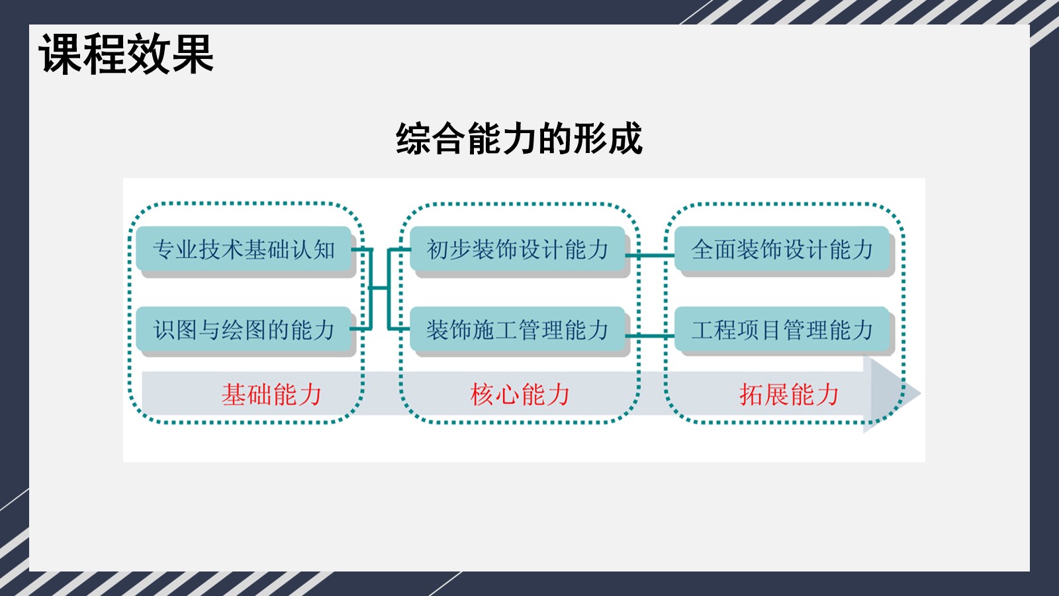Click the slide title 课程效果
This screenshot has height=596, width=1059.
pos(126,54)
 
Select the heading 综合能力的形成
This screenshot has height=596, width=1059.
pos(519,138)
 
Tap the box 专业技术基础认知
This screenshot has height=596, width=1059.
pos(244,249)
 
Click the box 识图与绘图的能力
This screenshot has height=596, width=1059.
pos(244,329)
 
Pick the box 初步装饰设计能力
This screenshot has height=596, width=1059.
pos(518,249)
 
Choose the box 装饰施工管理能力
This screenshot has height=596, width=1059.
pos(518,329)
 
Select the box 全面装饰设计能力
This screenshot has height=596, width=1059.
pos(782,249)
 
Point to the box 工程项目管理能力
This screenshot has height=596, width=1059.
pos(782,329)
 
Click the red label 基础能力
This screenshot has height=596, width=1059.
pos(271,395)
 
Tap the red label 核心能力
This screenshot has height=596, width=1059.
pos(520,395)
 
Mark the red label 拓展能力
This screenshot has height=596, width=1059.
pos(789,395)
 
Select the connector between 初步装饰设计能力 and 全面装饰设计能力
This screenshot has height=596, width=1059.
pos(650,256)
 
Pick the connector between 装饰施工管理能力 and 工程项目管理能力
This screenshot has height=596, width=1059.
pos(650,336)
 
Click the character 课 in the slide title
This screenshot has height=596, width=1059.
pos(60,54)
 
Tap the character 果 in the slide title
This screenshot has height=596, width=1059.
pos(193,54)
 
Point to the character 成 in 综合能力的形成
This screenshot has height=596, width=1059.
pos(625,138)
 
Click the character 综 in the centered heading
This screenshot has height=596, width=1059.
pos(413,138)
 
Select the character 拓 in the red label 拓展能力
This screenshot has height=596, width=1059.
pos(752,395)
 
